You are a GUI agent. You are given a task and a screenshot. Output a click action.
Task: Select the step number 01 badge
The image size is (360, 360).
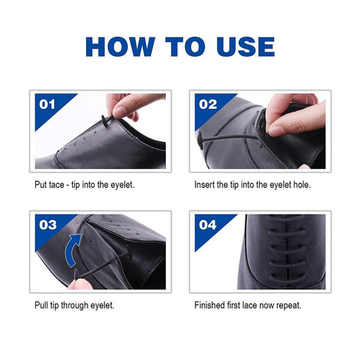pyautogui.click(x=47, y=104)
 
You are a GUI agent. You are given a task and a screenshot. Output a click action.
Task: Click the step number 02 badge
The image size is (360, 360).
pyautogui.click(x=208, y=104)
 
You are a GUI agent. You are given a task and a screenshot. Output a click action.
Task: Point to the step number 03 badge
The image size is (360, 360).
pyautogui.click(x=48, y=225)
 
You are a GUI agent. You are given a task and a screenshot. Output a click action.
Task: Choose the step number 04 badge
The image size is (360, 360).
pyautogui.click(x=208, y=225)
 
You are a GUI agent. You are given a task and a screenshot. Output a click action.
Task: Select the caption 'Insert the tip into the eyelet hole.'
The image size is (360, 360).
pyautogui.click(x=252, y=184)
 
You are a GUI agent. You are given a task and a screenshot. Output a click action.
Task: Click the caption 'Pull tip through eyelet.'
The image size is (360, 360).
pyautogui.click(x=73, y=304)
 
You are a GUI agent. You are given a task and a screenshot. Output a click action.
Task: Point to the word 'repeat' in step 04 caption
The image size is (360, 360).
pyautogui.click(x=287, y=304)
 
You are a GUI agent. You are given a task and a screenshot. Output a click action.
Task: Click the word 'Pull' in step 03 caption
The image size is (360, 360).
pyautogui.click(x=42, y=304)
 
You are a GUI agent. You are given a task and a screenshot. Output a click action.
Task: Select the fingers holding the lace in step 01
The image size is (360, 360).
pyautogui.click(x=132, y=104)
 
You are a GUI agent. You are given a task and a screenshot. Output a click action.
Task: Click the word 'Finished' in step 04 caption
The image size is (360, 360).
pyautogui.click(x=210, y=304)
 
